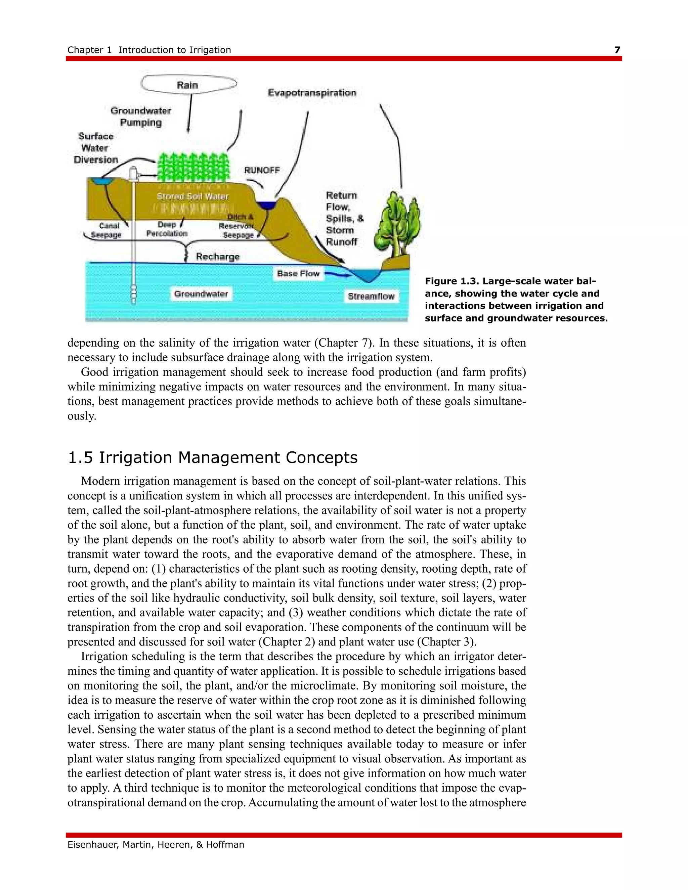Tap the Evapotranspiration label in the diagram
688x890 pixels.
tap(312, 93)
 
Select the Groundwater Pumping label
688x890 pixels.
tap(141, 117)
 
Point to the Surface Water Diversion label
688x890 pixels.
tap(96, 148)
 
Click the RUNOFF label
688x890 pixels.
tap(262, 170)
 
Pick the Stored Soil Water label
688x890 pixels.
tap(193, 196)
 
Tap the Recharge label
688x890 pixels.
tap(218, 256)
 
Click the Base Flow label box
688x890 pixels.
tap(298, 273)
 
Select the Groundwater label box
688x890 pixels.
tap(201, 294)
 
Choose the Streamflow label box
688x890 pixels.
tap(371, 296)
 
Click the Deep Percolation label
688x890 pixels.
tap(167, 229)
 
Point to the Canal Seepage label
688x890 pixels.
tap(107, 230)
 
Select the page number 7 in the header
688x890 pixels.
tap(617, 50)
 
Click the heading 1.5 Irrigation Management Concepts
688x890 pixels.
tap(212, 458)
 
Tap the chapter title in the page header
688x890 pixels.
tap(149, 50)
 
